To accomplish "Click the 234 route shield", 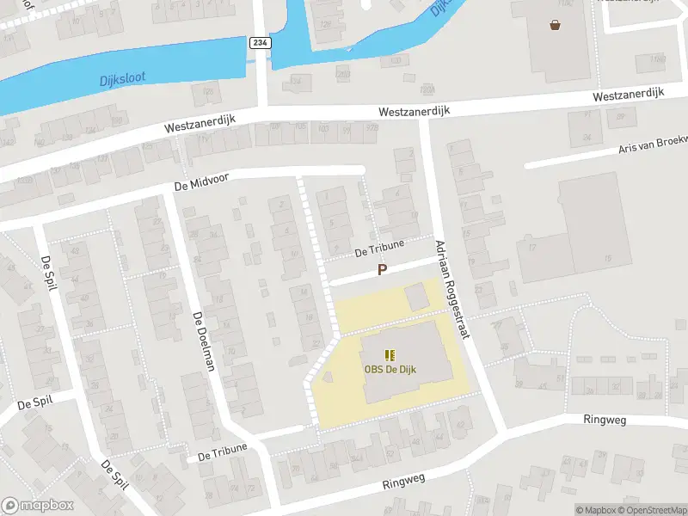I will tap(259, 42).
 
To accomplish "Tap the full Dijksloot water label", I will tap(121, 78).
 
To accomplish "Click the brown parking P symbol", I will tap(383, 270).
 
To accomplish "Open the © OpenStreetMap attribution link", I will tap(652, 510).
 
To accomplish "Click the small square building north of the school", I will tap(416, 297).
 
